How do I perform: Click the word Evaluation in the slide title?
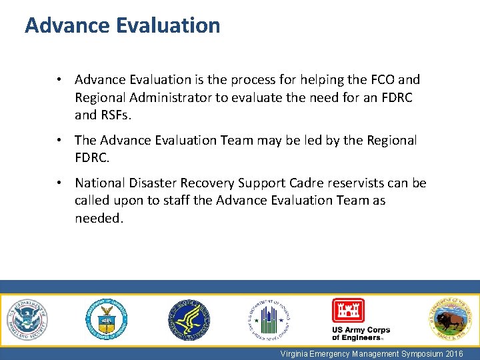pyautogui.click(x=167, y=25)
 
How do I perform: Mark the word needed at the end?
pyautogui.click(x=99, y=218)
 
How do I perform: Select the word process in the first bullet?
pyautogui.click(x=250, y=80)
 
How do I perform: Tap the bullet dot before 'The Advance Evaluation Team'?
pyautogui.click(x=60, y=141)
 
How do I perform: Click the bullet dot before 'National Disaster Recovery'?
pyautogui.click(x=60, y=183)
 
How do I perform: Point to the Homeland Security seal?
pyautogui.click(x=27, y=319)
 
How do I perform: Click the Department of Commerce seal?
pyautogui.click(x=106, y=319)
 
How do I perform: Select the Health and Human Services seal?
pyautogui.click(x=189, y=319)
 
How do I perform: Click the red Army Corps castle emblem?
pyautogui.click(x=348, y=311)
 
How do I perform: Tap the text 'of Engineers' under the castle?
pyautogui.click(x=356, y=338)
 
